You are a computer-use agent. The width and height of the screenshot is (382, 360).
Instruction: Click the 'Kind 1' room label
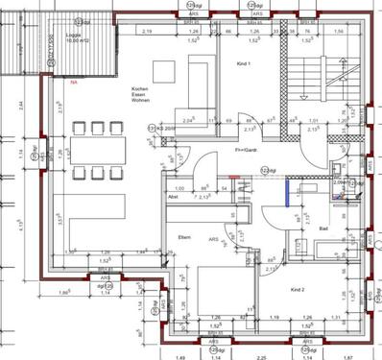point(242,64)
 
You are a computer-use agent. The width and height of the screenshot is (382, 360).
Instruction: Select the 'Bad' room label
point(324,229)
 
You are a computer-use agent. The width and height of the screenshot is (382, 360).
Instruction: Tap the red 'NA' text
point(74,83)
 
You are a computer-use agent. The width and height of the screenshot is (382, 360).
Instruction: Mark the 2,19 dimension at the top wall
point(148,32)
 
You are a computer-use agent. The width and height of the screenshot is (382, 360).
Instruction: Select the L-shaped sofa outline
point(84,221)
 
